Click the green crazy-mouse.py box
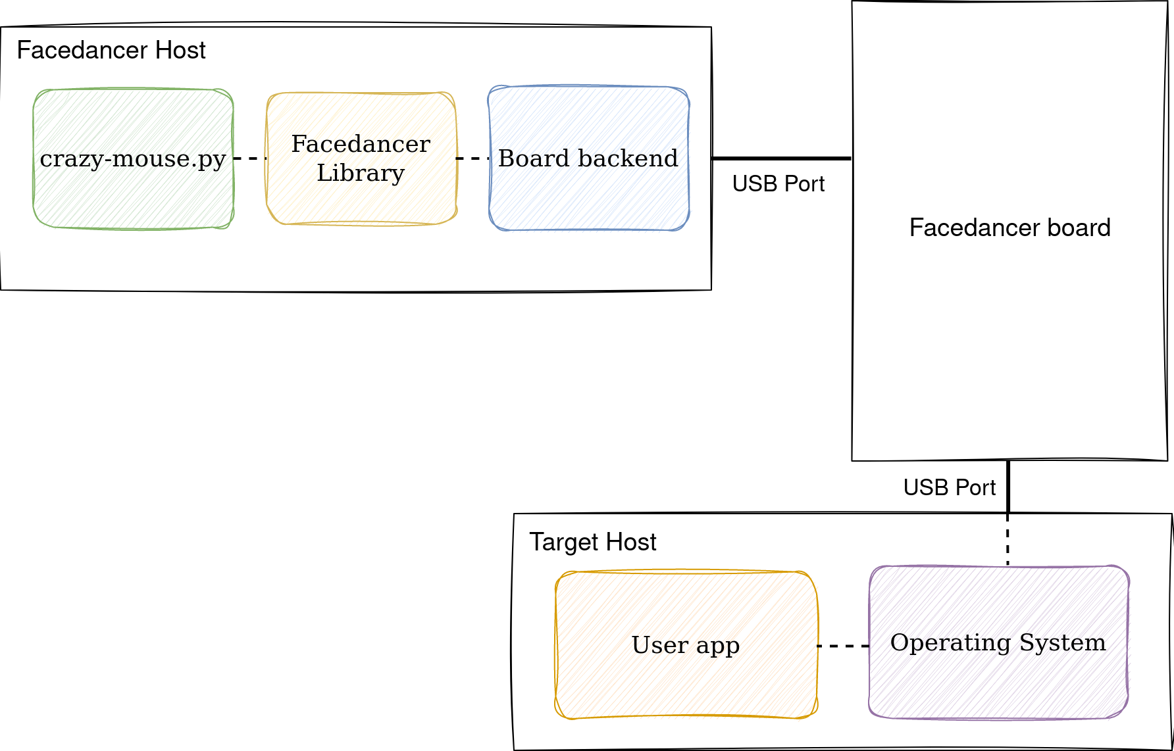pos(134,158)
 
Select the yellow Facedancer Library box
pos(361,158)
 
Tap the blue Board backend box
pos(588,158)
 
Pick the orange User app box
pos(686,644)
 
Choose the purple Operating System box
pos(998,642)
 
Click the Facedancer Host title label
pos(111,51)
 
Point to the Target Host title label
pos(593,542)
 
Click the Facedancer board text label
pos(1010,228)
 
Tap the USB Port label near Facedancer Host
pos(778,183)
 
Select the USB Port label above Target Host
pos(950,487)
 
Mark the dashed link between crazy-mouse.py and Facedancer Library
pos(250,158)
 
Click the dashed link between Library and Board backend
pos(472,158)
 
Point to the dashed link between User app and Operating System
pos(844,646)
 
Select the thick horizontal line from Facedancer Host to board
pos(782,158)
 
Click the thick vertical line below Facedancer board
pos(1008,487)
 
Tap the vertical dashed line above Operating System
pos(1008,539)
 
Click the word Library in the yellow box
pos(361,174)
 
